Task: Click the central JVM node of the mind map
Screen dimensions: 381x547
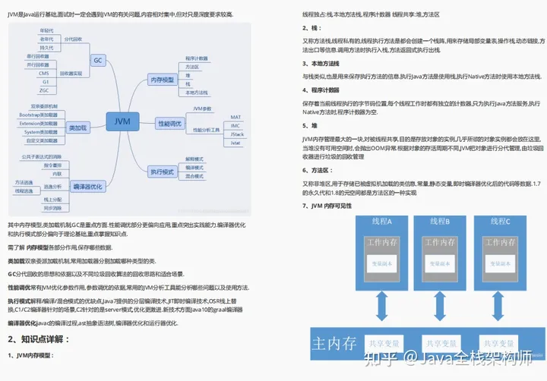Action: (122, 121)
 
